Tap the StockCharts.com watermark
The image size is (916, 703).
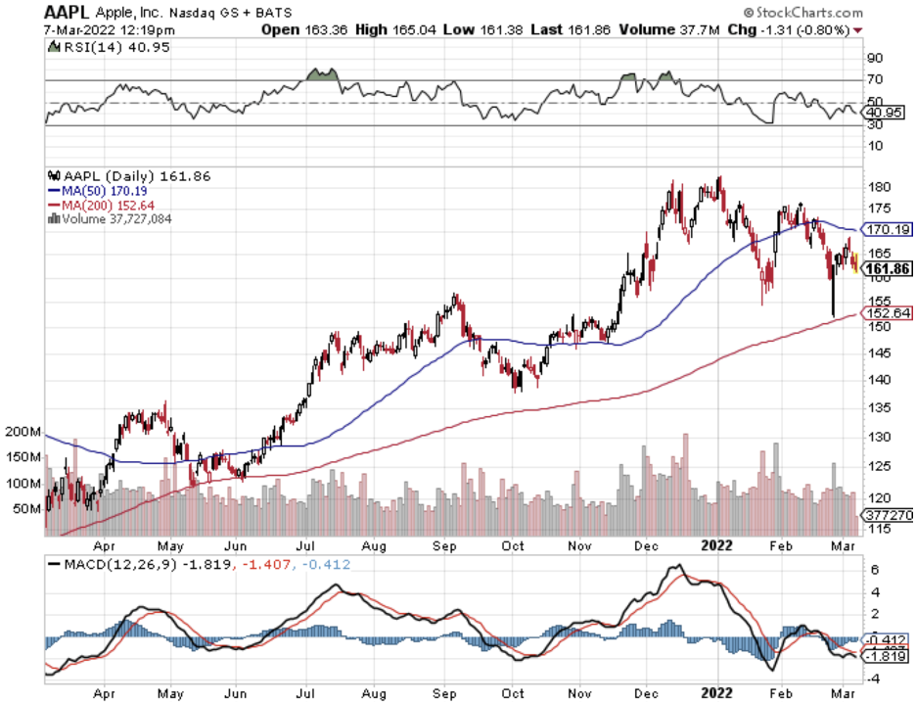point(808,13)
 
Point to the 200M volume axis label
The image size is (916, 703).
point(23,432)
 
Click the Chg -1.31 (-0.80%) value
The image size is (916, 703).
point(794,29)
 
